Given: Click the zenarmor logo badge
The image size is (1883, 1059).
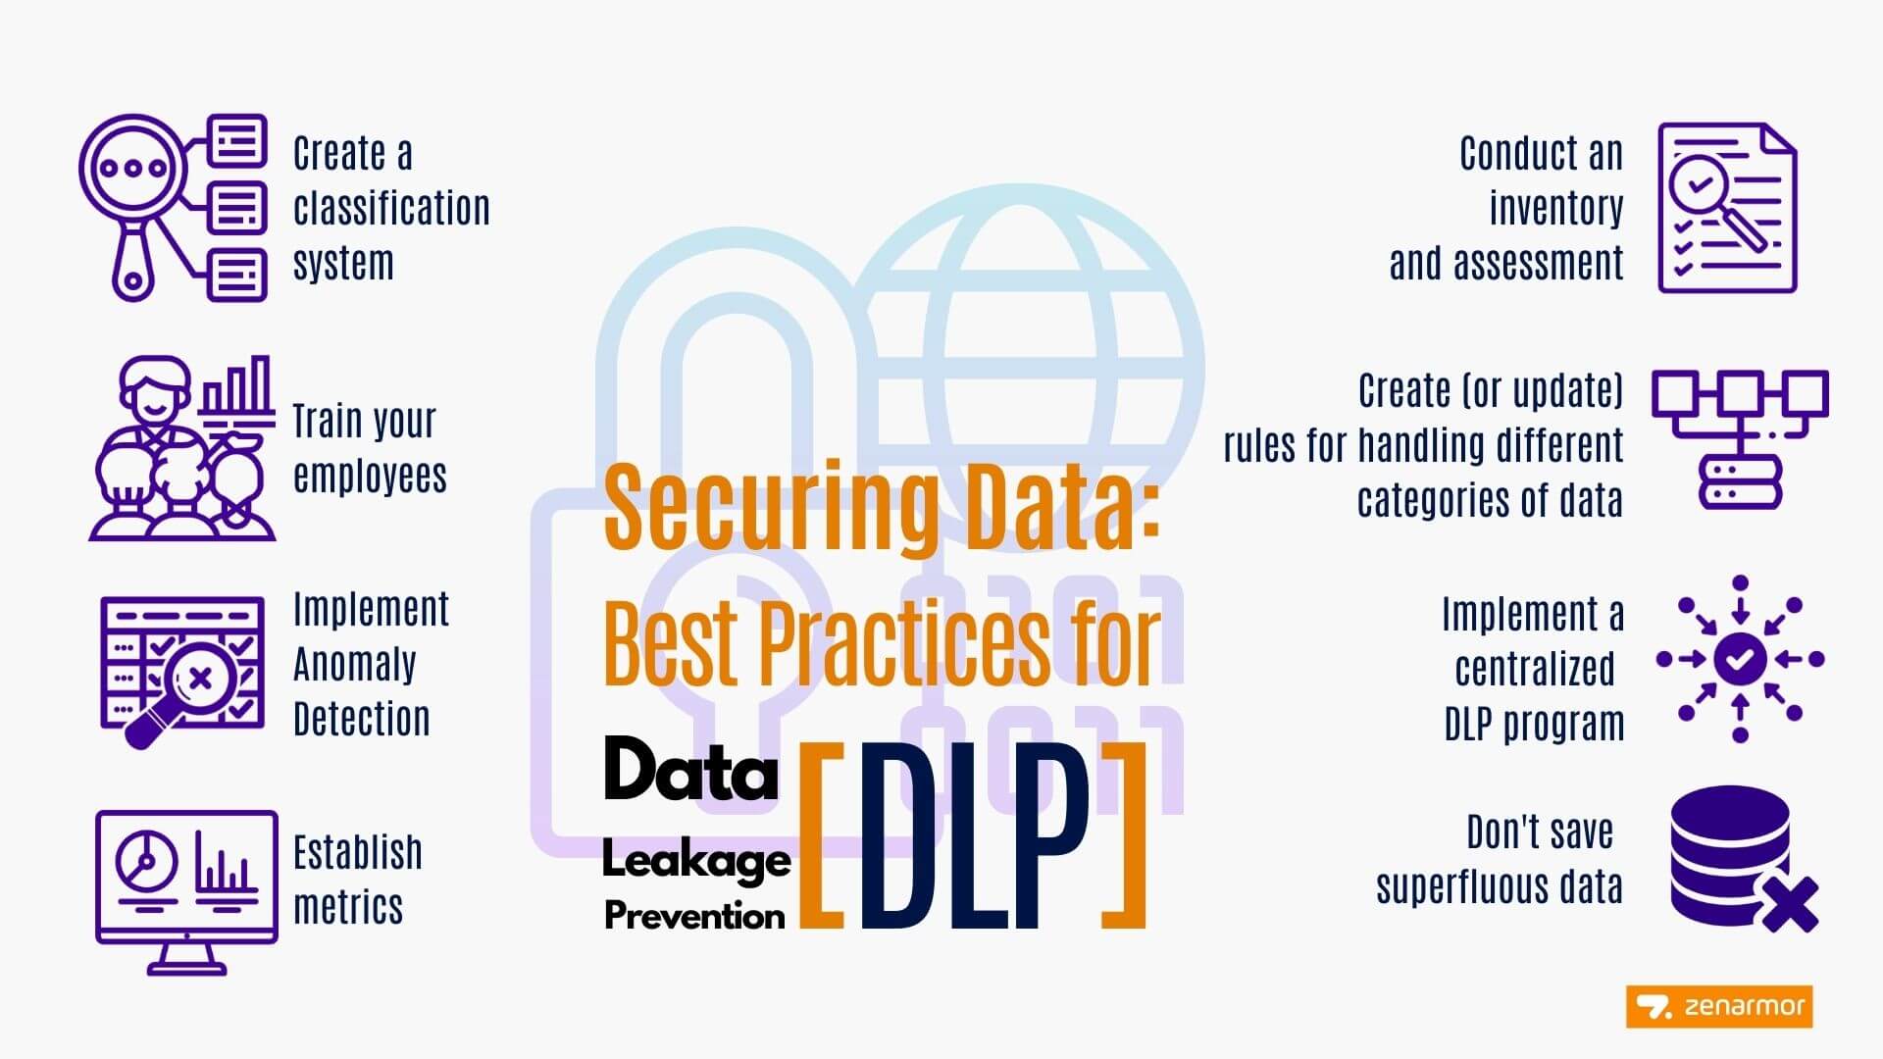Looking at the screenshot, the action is (x=1718, y=1006).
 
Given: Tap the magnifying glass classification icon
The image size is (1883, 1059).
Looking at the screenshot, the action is (x=173, y=207).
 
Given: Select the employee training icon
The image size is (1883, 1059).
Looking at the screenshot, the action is (x=182, y=448).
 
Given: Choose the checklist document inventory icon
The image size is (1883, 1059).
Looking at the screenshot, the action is (x=1727, y=208).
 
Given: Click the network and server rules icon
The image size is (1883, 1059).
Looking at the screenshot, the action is (x=1740, y=438).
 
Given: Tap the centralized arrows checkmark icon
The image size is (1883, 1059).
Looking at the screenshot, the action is (x=1740, y=659).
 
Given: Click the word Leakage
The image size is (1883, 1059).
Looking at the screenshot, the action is (x=696, y=861).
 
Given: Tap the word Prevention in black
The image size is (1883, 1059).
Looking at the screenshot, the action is (x=694, y=916).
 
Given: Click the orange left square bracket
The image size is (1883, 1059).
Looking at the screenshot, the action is (x=822, y=836).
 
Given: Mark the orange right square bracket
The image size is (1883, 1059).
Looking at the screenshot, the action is (x=1124, y=836).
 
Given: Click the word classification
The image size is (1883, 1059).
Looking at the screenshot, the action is (x=391, y=208).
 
